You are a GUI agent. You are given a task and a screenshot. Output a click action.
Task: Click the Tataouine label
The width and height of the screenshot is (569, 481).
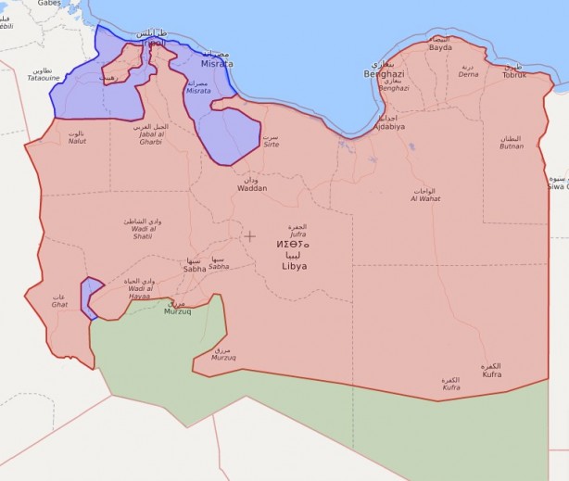coord(43,78)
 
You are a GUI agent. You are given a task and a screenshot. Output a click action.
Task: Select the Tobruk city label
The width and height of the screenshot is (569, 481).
coord(513,74)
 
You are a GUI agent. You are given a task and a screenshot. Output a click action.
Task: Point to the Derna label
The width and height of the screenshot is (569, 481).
coord(469,74)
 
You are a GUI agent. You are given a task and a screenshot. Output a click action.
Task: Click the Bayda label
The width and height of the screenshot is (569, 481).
coord(440,46)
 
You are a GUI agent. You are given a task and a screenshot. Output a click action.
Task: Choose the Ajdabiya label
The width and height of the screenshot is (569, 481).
coord(389,126)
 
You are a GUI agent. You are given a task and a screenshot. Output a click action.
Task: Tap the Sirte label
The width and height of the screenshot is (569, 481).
coord(270,145)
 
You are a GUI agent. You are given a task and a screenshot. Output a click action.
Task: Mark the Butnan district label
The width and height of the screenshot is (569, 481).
coord(511,146)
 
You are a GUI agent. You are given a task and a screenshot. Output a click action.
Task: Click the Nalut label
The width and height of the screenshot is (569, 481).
coord(77,142)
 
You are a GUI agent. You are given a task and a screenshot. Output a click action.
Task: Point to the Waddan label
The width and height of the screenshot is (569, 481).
coord(252,187)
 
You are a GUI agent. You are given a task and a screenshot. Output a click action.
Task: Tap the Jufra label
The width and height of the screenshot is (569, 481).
coord(297,235)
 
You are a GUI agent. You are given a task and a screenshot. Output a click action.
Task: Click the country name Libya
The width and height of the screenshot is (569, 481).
coord(294,266)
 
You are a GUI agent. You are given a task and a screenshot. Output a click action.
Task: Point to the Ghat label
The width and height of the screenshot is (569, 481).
coord(59,303)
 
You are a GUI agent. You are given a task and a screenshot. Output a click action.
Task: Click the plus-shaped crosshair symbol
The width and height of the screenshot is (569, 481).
coord(249,235)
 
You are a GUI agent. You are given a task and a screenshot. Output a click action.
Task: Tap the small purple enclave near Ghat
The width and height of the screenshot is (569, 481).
coord(90,297)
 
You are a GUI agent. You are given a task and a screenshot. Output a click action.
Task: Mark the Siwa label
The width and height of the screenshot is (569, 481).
coord(559,185)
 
